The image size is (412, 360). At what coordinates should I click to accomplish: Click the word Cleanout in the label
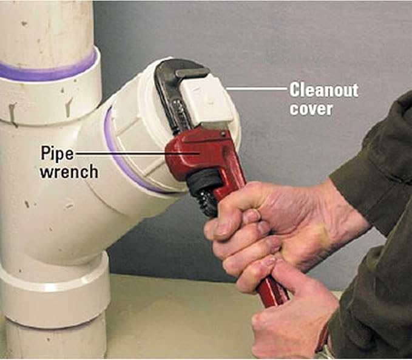[324, 90]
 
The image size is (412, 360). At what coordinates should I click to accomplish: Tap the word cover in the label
[311, 108]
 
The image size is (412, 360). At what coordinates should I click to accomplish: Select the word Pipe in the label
[57, 154]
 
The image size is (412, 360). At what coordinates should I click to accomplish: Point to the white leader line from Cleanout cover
[257, 89]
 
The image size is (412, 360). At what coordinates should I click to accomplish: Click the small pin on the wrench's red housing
[223, 134]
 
